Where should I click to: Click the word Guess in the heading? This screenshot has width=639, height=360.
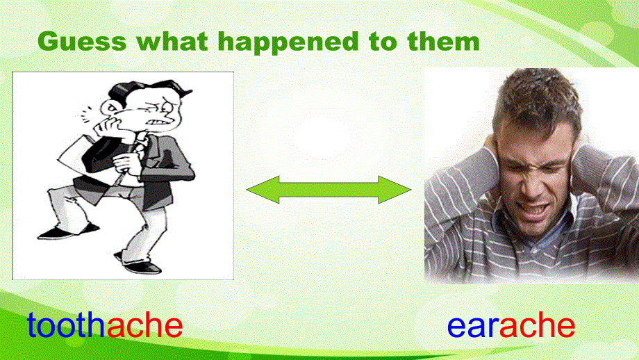82,42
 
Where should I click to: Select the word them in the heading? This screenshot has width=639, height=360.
444,42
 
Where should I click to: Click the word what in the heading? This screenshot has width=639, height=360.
172,42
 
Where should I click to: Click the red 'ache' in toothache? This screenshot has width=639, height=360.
144,325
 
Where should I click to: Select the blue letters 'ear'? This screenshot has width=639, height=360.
473,326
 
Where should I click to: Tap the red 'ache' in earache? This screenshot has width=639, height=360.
537,325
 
